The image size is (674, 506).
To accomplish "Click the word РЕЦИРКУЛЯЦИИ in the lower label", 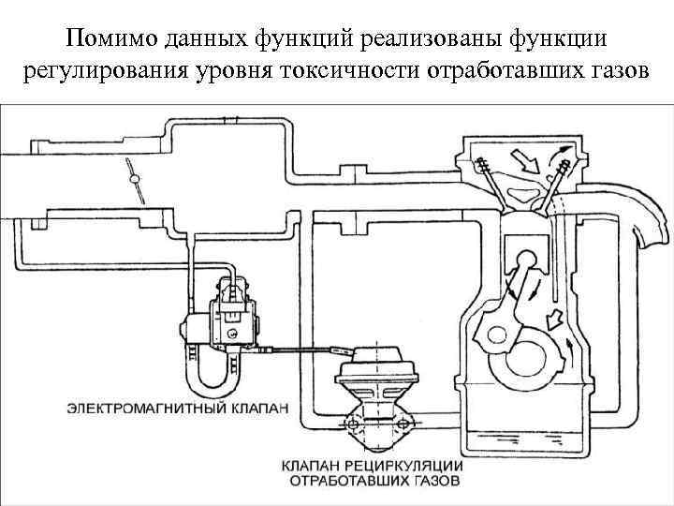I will [x=418, y=466].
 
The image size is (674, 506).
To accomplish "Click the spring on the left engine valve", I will [x=489, y=172].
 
